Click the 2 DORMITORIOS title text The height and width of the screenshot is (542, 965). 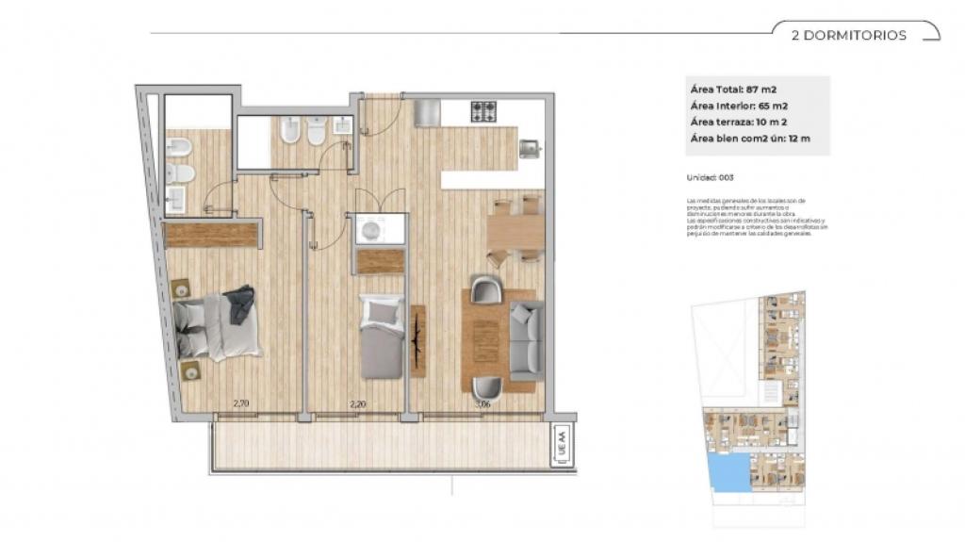(849, 36)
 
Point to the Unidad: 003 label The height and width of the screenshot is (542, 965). (712, 177)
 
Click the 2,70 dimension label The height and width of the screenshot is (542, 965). (241, 404)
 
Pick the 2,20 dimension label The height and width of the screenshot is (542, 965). (357, 404)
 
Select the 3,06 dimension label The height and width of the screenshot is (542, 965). (482, 404)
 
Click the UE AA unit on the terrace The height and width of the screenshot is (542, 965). (562, 440)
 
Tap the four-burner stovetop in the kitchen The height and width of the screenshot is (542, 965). (484, 111)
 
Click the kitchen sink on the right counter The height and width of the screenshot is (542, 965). (530, 147)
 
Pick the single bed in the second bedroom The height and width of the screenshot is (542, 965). (383, 337)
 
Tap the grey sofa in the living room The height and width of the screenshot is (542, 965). (526, 337)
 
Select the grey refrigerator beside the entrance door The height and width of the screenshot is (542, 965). (427, 112)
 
